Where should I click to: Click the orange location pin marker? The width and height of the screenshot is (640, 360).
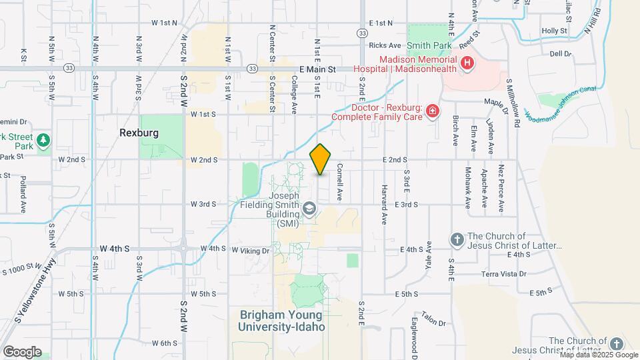(320, 159)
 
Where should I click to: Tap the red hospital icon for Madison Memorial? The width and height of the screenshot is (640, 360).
(467, 63)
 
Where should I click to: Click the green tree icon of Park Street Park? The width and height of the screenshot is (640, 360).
(43, 140)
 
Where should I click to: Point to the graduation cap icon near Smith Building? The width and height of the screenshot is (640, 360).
(309, 210)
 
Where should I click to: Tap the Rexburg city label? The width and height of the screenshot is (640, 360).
(139, 133)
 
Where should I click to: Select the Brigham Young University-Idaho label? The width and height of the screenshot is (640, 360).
(282, 321)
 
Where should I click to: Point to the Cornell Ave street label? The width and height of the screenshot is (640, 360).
(339, 182)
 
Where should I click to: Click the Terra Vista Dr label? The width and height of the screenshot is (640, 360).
(504, 274)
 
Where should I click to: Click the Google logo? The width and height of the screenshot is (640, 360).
(22, 351)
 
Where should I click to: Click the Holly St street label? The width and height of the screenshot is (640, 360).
(554, 31)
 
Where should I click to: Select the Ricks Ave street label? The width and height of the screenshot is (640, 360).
(385, 45)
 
